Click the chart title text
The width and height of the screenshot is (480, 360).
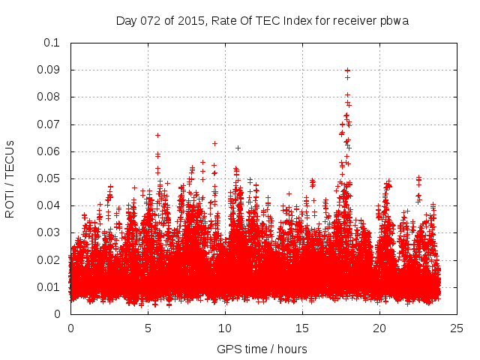pyautogui.click(x=262, y=20)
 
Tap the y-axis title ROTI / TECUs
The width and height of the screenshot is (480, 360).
pyautogui.click(x=10, y=178)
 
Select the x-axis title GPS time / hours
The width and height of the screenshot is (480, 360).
pyautogui.click(x=262, y=349)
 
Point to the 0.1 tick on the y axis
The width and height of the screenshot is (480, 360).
pyautogui.click(x=52, y=43)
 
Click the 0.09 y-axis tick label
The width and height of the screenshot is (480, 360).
pyautogui.click(x=49, y=70)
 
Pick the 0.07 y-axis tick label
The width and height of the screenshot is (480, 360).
pyautogui.click(x=49, y=124)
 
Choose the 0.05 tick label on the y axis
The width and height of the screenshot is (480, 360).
pyautogui.click(x=49, y=178)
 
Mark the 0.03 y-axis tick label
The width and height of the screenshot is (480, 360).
pyautogui.click(x=49, y=232)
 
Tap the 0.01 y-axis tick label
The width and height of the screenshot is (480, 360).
pyautogui.click(x=49, y=287)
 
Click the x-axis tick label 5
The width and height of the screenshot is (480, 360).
pyautogui.click(x=148, y=328)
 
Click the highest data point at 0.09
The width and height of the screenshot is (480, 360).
pyautogui.click(x=347, y=70)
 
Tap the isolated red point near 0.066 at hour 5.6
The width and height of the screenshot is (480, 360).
pyautogui.click(x=157, y=135)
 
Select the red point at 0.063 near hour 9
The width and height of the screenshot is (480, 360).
pyautogui.click(x=214, y=143)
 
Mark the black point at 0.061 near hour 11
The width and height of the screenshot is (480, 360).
pyautogui.click(x=238, y=148)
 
